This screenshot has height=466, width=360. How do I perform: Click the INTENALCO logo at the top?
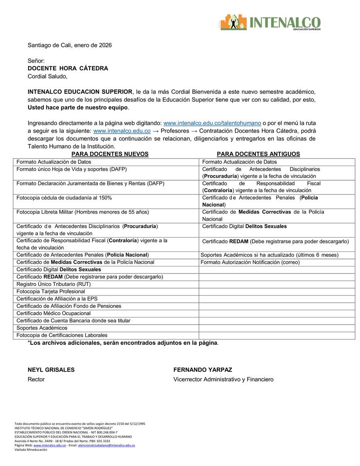point(270,22)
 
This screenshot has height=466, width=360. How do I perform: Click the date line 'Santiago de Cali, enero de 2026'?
point(70,45)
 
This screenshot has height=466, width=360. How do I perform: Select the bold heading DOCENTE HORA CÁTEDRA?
point(68,68)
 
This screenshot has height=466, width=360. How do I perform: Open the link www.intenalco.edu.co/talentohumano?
point(212,123)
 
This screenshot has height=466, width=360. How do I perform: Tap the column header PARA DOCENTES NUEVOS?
point(110,154)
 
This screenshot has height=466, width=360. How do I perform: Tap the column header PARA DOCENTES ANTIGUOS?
point(258,154)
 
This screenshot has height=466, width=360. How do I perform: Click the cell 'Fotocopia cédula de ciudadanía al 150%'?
point(64,198)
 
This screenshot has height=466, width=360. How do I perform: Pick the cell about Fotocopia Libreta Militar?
point(83,212)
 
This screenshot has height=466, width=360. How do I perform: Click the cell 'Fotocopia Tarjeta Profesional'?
point(51,291)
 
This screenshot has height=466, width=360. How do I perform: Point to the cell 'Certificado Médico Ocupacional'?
point(54,313)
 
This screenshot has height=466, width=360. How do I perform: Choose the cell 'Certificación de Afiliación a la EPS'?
point(57,298)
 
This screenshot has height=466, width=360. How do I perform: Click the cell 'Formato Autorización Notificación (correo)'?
point(250,262)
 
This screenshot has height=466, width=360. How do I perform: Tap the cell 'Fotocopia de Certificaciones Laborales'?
point(62,335)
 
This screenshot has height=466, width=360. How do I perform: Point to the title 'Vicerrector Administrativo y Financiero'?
point(223,379)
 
